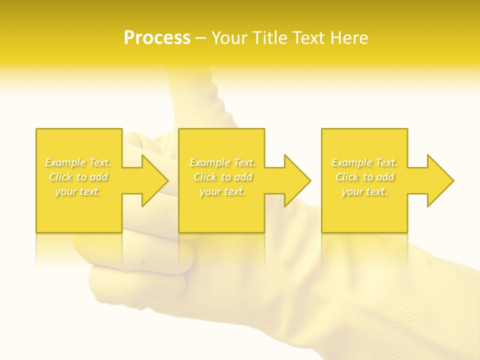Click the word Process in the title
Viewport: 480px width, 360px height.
[157, 38]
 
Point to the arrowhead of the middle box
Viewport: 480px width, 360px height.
[298, 180]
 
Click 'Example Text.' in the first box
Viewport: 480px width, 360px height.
[78, 162]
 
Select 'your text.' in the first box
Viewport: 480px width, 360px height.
[78, 191]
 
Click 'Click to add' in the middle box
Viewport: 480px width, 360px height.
[222, 177]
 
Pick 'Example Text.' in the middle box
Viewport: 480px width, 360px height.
[222, 162]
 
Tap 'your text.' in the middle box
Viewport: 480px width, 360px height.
[222, 191]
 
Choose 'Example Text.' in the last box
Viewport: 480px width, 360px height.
[364, 162]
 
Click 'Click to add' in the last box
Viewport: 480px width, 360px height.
[364, 177]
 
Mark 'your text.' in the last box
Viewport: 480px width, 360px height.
[364, 191]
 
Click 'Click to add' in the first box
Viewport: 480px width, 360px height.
[78, 177]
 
